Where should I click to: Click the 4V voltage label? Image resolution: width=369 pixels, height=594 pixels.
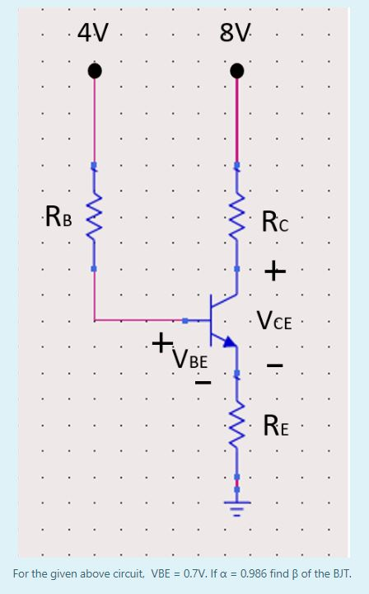92,34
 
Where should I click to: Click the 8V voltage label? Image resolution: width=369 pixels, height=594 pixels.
236,34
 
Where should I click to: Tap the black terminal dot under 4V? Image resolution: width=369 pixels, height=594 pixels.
95,72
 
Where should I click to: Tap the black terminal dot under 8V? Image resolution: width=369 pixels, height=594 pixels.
237,72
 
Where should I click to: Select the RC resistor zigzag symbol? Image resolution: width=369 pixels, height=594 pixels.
237,217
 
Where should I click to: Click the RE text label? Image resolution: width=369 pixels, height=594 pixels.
276,427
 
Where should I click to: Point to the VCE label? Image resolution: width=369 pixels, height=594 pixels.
274,320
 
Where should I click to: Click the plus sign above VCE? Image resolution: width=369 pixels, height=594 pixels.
275,271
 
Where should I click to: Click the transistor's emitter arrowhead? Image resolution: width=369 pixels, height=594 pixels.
230,340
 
